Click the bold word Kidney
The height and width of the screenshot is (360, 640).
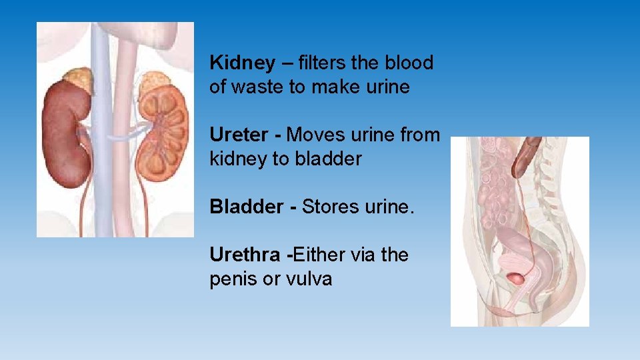coord(241,63)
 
